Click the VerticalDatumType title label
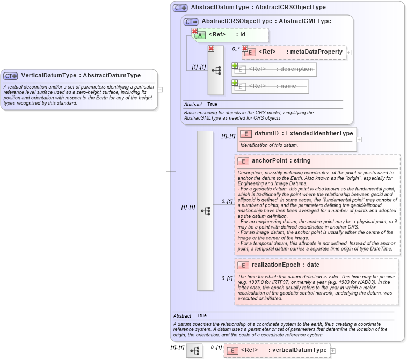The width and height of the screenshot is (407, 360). [x=81, y=76]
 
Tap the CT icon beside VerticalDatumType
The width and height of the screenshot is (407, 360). [x=11, y=76]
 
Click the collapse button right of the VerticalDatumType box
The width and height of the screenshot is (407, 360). [x=160, y=90]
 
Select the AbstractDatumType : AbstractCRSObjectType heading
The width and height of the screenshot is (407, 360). [x=250, y=8]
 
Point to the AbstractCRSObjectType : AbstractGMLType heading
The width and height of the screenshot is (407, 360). [x=266, y=21]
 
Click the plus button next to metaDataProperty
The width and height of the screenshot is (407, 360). [x=349, y=53]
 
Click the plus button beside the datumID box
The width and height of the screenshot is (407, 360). [x=359, y=139]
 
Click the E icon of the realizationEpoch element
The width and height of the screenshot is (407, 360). [x=243, y=265]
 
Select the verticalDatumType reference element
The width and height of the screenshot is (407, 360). [x=284, y=350]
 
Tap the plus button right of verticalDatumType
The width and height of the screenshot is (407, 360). [x=333, y=351]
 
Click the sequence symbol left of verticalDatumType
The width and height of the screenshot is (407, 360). [x=194, y=351]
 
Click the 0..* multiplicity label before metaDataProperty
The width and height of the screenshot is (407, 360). [x=236, y=49]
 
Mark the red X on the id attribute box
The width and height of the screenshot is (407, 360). [x=194, y=32]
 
